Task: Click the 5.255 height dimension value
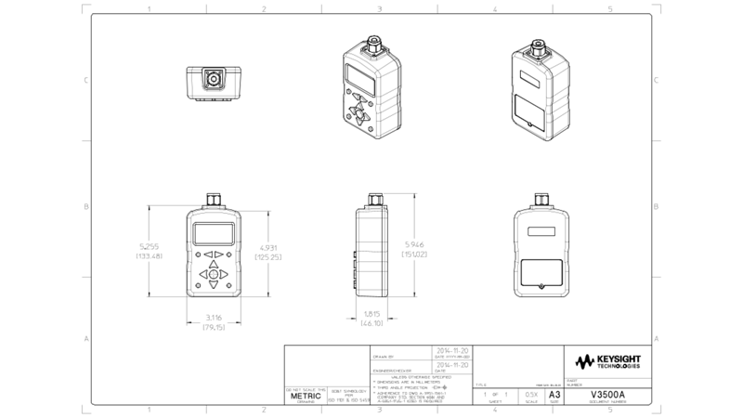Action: pos(151,246)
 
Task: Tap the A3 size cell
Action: pos(555,394)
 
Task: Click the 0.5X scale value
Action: pos(530,395)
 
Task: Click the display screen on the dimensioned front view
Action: pos(213,232)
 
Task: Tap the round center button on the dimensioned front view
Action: pos(213,275)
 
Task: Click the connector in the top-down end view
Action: pos(214,80)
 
